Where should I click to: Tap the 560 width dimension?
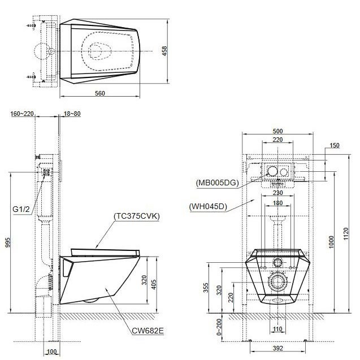point(101,94)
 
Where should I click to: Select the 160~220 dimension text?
point(23,114)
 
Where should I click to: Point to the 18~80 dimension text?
point(72,114)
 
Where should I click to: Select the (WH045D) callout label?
point(208,206)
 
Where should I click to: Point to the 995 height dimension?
point(7,240)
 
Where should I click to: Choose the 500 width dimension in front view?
point(277,131)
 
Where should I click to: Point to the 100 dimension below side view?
point(51,352)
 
